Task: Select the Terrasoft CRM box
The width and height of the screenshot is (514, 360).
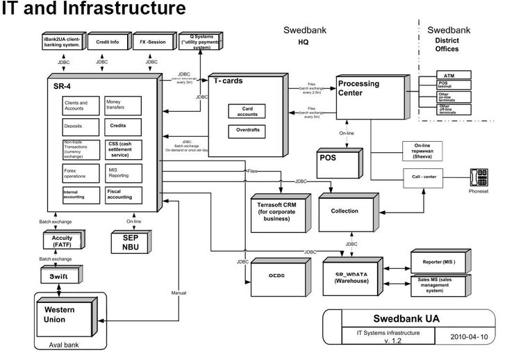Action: (x=281, y=208)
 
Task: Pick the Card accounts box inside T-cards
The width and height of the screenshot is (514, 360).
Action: (x=246, y=111)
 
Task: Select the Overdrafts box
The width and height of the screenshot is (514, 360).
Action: (x=246, y=130)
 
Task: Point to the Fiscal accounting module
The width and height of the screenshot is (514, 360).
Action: (x=123, y=195)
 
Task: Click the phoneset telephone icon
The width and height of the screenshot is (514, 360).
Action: (x=479, y=176)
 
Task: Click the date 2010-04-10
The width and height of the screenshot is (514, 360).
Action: (x=472, y=338)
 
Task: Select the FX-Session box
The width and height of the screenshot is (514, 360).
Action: (x=151, y=42)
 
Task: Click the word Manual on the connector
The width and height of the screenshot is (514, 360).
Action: (x=179, y=293)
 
